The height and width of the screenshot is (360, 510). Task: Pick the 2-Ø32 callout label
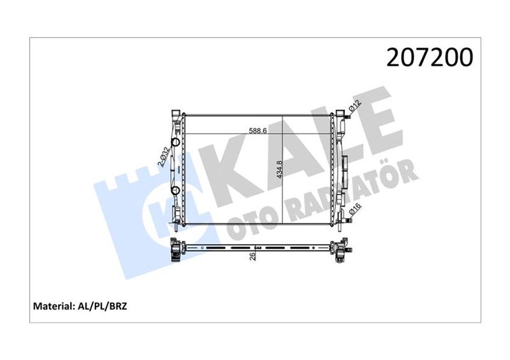pos(164,157)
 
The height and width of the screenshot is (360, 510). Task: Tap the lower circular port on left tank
pos(175,190)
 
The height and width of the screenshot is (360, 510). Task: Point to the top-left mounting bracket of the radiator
pos(175,116)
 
